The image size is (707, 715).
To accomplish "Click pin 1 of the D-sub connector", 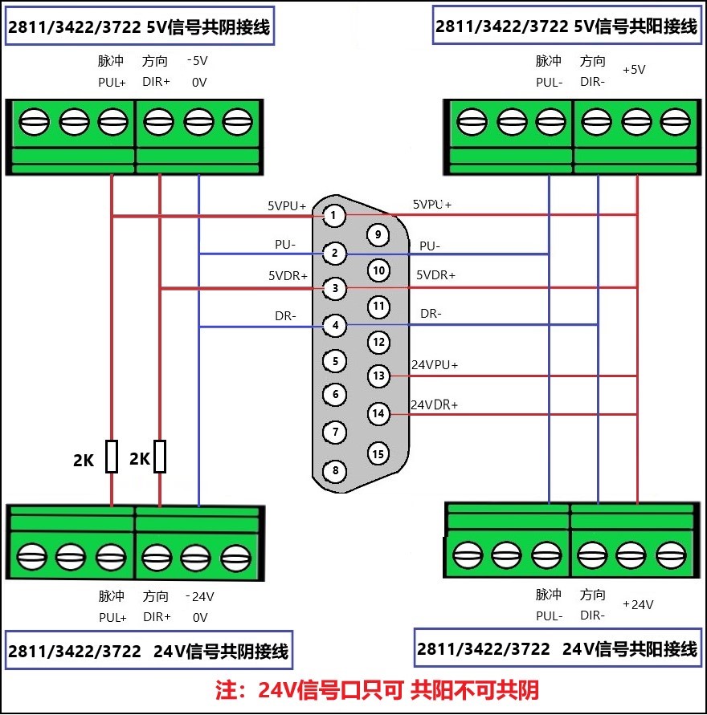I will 334,216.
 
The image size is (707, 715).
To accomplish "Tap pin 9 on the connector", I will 377,234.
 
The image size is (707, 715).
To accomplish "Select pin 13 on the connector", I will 378,375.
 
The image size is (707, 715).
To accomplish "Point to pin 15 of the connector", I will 378,453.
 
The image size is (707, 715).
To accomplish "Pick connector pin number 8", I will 335,470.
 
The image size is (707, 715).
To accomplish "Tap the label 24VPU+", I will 435,364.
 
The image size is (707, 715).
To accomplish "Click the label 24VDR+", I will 435,404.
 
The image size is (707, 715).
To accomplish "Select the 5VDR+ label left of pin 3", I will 288,275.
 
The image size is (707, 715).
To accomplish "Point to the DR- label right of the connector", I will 431,313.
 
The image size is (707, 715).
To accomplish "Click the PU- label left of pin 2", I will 285,243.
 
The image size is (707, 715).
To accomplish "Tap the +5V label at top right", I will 634,70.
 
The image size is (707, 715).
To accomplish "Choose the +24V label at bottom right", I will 639,604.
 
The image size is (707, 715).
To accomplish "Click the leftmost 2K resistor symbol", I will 112,456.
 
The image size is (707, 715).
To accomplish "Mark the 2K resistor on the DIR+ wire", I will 161,456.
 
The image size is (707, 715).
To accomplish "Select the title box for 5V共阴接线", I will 139,26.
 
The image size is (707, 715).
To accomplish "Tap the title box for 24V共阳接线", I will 558,648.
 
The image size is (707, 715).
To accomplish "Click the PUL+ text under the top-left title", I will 112,82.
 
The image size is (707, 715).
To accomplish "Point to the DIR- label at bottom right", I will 593,615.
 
